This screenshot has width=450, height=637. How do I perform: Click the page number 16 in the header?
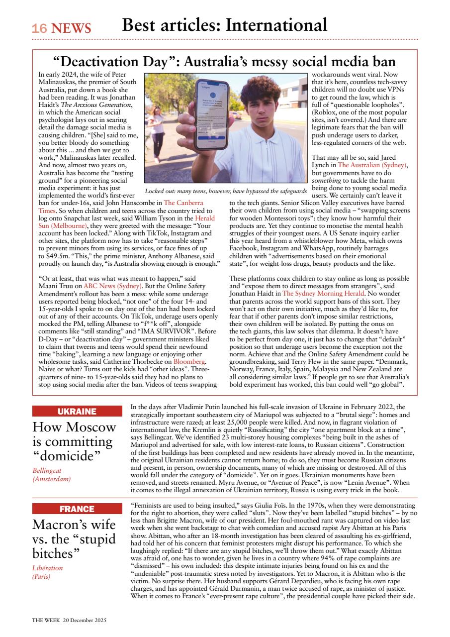[x=39, y=29]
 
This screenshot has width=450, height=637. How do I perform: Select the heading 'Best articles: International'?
[x=225, y=25]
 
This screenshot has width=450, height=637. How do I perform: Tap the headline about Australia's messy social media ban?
[x=224, y=62]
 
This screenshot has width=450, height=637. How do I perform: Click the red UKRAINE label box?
[x=77, y=412]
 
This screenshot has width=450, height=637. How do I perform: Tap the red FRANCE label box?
[x=77, y=509]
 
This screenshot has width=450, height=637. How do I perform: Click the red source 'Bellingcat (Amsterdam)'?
[x=52, y=474]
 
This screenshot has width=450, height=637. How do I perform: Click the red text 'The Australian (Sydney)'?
[x=372, y=165]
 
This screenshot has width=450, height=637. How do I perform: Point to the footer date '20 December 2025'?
[x=85, y=620]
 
